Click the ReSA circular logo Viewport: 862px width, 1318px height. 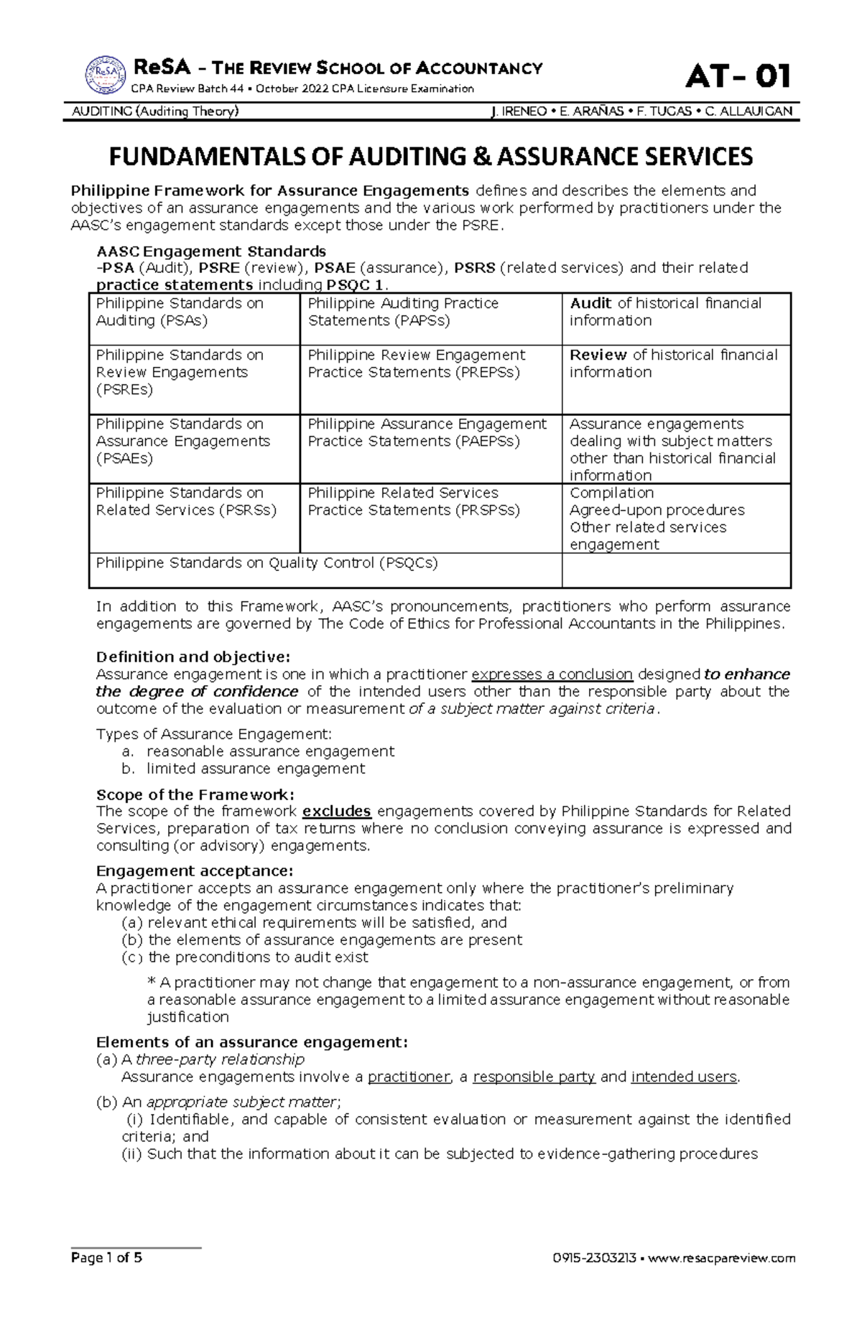(x=105, y=75)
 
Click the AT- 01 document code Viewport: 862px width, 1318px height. (x=738, y=76)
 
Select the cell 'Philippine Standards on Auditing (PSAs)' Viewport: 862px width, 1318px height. (x=180, y=312)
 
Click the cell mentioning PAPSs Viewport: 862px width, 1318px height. (x=403, y=312)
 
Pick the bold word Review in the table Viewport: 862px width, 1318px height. (x=598, y=355)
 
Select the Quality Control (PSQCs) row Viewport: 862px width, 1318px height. (x=267, y=563)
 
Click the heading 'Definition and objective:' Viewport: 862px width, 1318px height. (x=193, y=656)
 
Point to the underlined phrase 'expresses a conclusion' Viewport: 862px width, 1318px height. (x=552, y=674)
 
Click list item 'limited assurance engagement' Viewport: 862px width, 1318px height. (x=255, y=769)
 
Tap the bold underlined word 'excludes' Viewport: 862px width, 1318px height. (x=336, y=811)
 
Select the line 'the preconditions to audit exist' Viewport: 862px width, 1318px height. (x=257, y=957)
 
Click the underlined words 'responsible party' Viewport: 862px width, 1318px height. (x=534, y=1077)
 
